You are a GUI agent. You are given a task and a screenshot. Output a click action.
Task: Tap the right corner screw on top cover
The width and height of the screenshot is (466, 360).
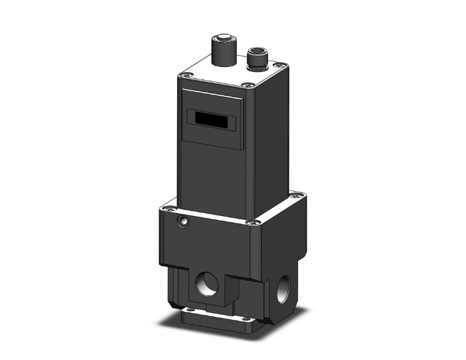tap(282, 64)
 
